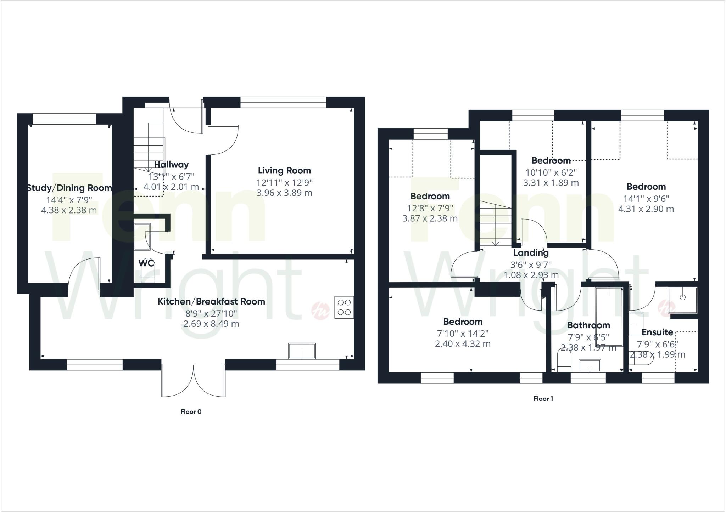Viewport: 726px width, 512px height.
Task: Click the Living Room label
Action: [284, 171]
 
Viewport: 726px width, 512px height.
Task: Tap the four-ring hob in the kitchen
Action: [344, 307]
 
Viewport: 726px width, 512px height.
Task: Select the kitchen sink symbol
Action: [302, 351]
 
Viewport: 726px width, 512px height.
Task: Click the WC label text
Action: [146, 263]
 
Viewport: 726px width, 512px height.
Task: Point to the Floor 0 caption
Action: [191, 411]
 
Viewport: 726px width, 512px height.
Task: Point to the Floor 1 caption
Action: [543, 399]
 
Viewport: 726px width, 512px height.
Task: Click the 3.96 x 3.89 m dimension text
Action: [284, 193]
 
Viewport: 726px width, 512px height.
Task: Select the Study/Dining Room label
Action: [69, 188]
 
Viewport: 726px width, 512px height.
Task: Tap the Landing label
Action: [531, 253]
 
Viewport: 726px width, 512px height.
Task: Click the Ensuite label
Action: [657, 332]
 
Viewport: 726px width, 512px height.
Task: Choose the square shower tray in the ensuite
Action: [682, 301]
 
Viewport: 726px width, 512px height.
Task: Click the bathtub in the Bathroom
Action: [609, 316]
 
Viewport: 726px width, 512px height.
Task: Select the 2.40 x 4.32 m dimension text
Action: [463, 344]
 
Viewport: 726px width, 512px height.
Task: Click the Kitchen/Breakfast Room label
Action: [211, 302]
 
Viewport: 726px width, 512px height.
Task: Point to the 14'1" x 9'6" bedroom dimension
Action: [646, 199]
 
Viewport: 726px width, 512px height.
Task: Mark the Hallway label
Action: [171, 165]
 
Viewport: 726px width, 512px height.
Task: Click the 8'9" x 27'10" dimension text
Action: [211, 313]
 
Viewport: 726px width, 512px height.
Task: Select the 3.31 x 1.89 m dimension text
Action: [551, 183]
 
